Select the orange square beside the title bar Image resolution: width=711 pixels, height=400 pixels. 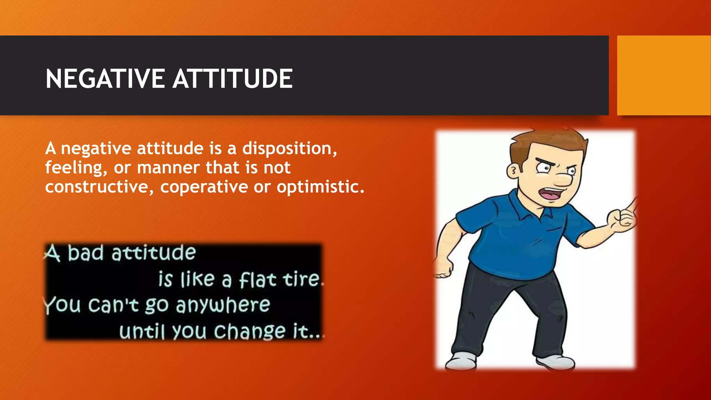click(x=663, y=75)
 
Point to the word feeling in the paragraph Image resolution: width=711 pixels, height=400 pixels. click(x=74, y=168)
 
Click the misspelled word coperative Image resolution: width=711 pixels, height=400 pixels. click(x=204, y=187)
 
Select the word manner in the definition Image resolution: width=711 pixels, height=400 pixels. click(x=168, y=168)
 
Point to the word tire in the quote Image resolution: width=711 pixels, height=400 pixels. click(x=301, y=279)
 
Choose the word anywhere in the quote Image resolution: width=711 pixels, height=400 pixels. click(x=223, y=306)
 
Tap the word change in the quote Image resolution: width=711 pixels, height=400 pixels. click(x=249, y=332)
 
